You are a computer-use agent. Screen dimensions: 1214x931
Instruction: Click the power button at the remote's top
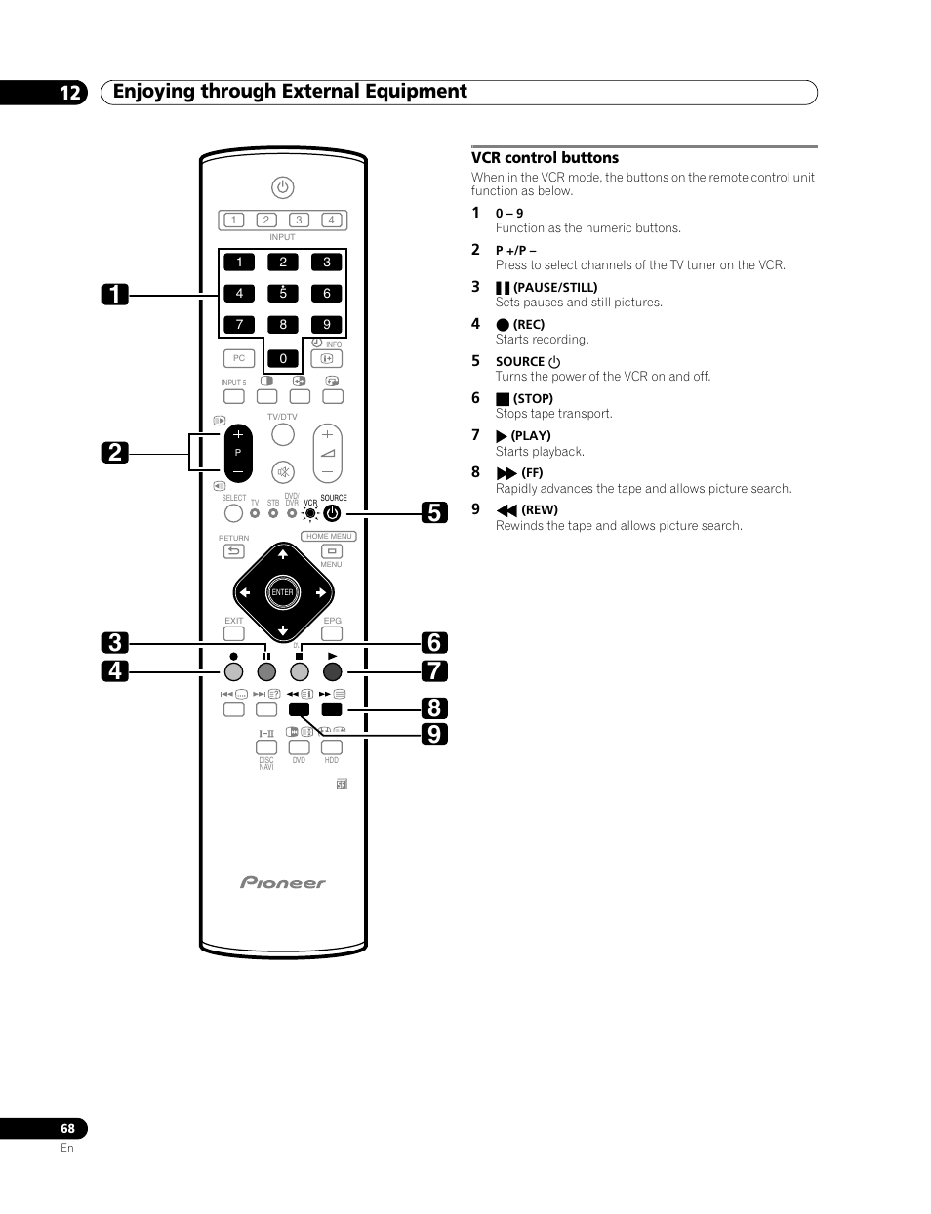282,187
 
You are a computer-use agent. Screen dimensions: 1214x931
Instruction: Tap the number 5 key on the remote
283,293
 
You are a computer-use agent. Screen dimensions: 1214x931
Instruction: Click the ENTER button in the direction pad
282,592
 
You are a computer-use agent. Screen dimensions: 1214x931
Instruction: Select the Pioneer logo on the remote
283,883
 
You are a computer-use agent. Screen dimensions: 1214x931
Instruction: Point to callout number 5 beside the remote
435,512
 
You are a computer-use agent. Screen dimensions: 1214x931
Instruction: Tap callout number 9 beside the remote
435,733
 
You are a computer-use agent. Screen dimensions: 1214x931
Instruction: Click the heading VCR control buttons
545,158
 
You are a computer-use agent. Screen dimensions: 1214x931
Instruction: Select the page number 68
67,1128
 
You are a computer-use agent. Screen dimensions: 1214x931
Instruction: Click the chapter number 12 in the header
70,93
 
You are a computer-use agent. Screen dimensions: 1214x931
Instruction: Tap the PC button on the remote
239,358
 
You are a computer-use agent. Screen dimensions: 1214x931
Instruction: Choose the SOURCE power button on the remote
332,513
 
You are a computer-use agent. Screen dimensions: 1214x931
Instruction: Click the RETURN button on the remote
233,551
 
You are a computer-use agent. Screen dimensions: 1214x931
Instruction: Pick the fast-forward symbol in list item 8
506,473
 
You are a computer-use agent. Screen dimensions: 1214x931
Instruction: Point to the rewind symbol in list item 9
506,510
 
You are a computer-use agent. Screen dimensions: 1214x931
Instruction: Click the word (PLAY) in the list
531,436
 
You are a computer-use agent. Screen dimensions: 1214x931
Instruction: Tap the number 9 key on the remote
327,324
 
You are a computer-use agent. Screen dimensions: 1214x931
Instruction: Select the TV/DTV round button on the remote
282,434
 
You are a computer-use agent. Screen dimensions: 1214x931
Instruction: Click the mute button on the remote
282,472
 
